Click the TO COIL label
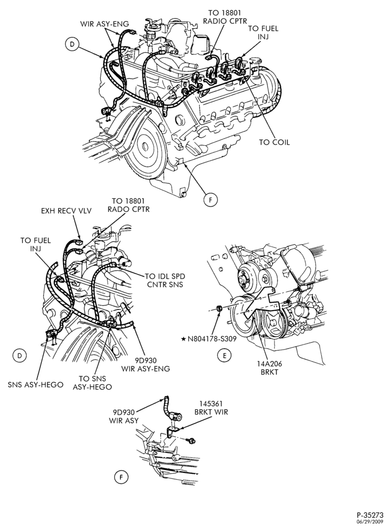(x=274, y=142)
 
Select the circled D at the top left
(x=72, y=44)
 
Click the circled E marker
(x=225, y=355)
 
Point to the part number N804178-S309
(x=212, y=338)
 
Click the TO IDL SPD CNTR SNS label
(x=165, y=280)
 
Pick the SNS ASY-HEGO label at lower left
(x=36, y=385)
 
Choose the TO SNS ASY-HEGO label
(x=92, y=383)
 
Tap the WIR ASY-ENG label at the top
(x=105, y=24)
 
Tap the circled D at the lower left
(x=19, y=355)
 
